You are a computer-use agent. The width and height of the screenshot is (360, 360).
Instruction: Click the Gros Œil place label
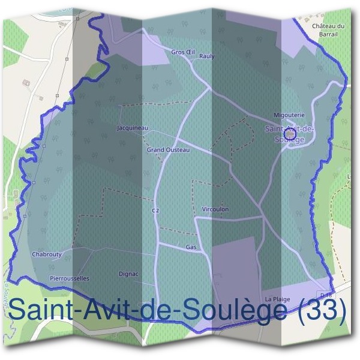click(x=183, y=52)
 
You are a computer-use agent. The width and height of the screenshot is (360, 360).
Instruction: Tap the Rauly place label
click(x=206, y=56)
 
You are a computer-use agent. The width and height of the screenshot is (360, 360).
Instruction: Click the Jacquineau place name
click(x=133, y=128)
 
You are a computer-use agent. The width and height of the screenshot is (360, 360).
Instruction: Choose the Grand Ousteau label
click(x=168, y=149)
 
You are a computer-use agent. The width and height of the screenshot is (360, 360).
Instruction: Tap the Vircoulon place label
click(x=215, y=209)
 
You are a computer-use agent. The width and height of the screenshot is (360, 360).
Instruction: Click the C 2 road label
click(x=155, y=211)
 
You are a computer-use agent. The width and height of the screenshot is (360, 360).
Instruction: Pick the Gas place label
click(x=191, y=247)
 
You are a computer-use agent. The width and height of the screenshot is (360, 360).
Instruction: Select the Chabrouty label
click(x=46, y=254)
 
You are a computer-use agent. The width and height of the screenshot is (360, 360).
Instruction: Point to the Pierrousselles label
click(x=70, y=278)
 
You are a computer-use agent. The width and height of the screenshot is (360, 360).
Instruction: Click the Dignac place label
click(x=128, y=274)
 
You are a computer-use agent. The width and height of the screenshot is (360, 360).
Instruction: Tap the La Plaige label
click(x=277, y=299)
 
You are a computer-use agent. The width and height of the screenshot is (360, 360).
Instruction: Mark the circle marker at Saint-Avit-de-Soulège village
click(x=289, y=133)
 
